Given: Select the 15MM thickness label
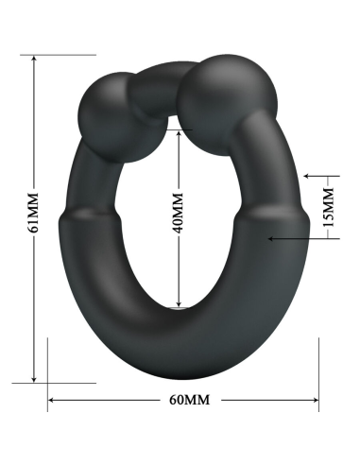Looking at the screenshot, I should [x=328, y=207].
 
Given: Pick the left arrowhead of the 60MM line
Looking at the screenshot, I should [x=53, y=400].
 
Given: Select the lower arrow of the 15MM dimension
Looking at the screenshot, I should [x=274, y=239].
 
